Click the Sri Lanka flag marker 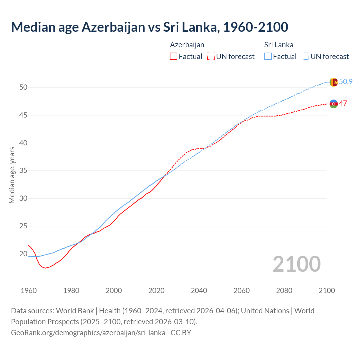334,82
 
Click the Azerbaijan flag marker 334,104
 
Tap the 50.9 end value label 346,82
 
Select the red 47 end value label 343,103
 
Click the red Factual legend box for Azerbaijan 174,57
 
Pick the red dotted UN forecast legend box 211,57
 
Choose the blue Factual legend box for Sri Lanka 268,57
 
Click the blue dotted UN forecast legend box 305,57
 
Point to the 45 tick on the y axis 23,115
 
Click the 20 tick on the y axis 23,254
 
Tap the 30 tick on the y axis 23,198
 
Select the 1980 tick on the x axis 71,291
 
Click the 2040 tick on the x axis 199,291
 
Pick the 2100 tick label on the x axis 327,291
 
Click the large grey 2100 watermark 296,264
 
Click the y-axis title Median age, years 12,175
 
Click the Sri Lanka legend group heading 278,45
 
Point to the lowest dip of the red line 45,268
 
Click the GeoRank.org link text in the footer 88,332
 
